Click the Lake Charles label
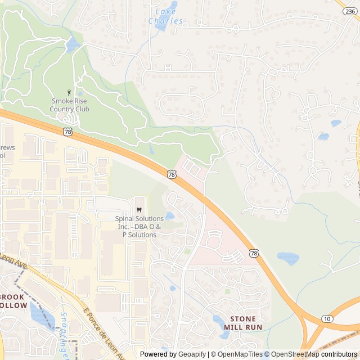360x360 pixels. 165,16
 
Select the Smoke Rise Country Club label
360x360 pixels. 69,105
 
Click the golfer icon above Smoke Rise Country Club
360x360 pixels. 69,92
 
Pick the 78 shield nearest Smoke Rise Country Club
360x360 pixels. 67,132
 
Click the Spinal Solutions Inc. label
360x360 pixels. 139,226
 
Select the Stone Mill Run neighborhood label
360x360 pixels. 243,322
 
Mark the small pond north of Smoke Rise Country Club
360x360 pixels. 72,44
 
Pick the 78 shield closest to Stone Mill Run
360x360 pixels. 254,253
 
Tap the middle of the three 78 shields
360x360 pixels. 172,174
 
